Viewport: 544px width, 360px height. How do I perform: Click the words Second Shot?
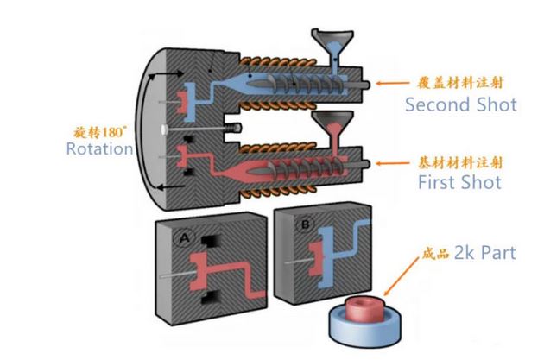pyautogui.click(x=461, y=104)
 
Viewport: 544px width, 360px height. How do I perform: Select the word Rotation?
pyautogui.click(x=99, y=148)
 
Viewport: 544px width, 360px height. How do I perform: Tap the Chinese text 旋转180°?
pyautogui.click(x=99, y=132)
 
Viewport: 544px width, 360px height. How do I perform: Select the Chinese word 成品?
pyautogui.click(x=435, y=254)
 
